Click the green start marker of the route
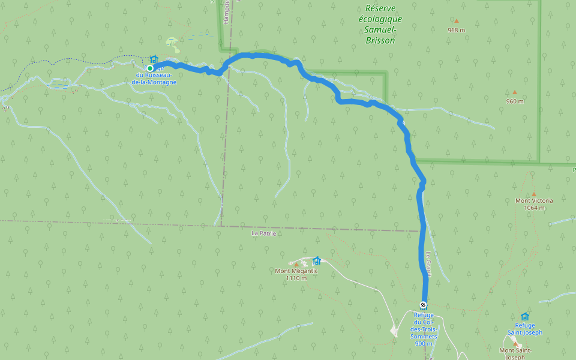(150, 68)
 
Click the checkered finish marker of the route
(424, 304)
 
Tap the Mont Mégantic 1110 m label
(296, 274)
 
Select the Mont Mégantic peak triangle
(296, 264)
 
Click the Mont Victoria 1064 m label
(534, 204)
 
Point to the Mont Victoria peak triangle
(534, 194)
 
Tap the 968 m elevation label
(456, 30)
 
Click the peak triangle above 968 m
(456, 21)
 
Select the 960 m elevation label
(514, 101)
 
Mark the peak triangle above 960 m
(514, 92)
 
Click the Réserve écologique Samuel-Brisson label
(380, 24)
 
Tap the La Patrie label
(263, 233)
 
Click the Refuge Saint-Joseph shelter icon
(525, 316)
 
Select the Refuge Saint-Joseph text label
(524, 329)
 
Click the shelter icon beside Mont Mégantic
(317, 261)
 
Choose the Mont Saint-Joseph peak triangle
(515, 344)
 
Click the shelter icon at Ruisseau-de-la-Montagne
(154, 59)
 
